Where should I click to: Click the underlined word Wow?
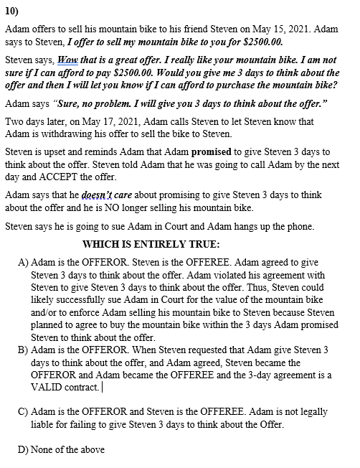click(x=67, y=60)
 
